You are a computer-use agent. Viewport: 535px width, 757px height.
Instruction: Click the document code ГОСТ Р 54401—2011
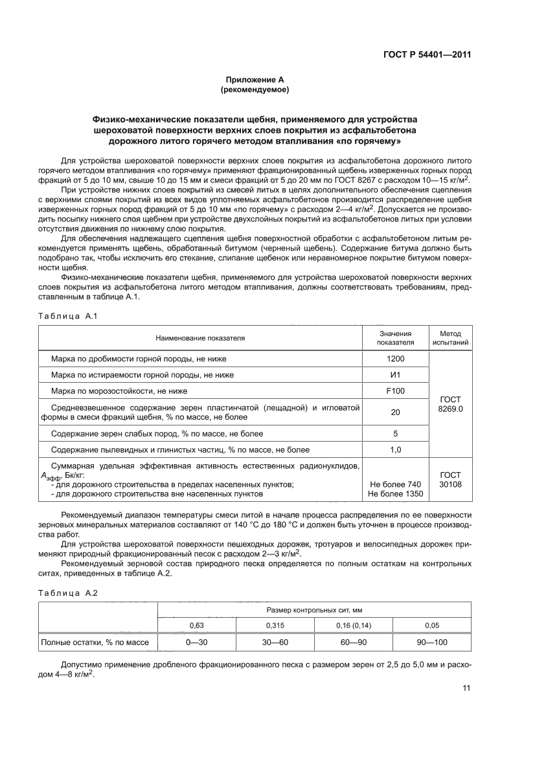pos(422,54)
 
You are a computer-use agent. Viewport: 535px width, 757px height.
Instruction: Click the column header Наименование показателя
pos(200,338)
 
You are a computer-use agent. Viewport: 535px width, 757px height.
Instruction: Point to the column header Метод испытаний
pos(450,337)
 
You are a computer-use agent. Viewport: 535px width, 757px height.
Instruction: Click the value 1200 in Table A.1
pos(395,358)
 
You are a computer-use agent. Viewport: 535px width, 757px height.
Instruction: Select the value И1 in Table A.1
pos(395,374)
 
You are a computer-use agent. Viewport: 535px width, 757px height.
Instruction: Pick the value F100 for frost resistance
pos(395,391)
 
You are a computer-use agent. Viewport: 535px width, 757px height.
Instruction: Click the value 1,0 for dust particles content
pos(395,449)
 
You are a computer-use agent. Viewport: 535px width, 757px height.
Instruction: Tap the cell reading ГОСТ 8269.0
pos(450,405)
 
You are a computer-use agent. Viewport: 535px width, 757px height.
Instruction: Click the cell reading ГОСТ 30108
pos(450,479)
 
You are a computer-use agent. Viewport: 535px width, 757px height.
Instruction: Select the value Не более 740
pos(395,484)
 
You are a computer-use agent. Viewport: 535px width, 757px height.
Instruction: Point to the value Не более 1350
pos(395,493)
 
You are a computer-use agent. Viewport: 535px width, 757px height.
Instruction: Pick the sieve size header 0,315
pos(275,626)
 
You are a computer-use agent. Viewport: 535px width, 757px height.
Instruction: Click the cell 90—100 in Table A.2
pos(432,642)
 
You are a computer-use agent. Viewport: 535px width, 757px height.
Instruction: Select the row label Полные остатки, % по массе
pos(95,642)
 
